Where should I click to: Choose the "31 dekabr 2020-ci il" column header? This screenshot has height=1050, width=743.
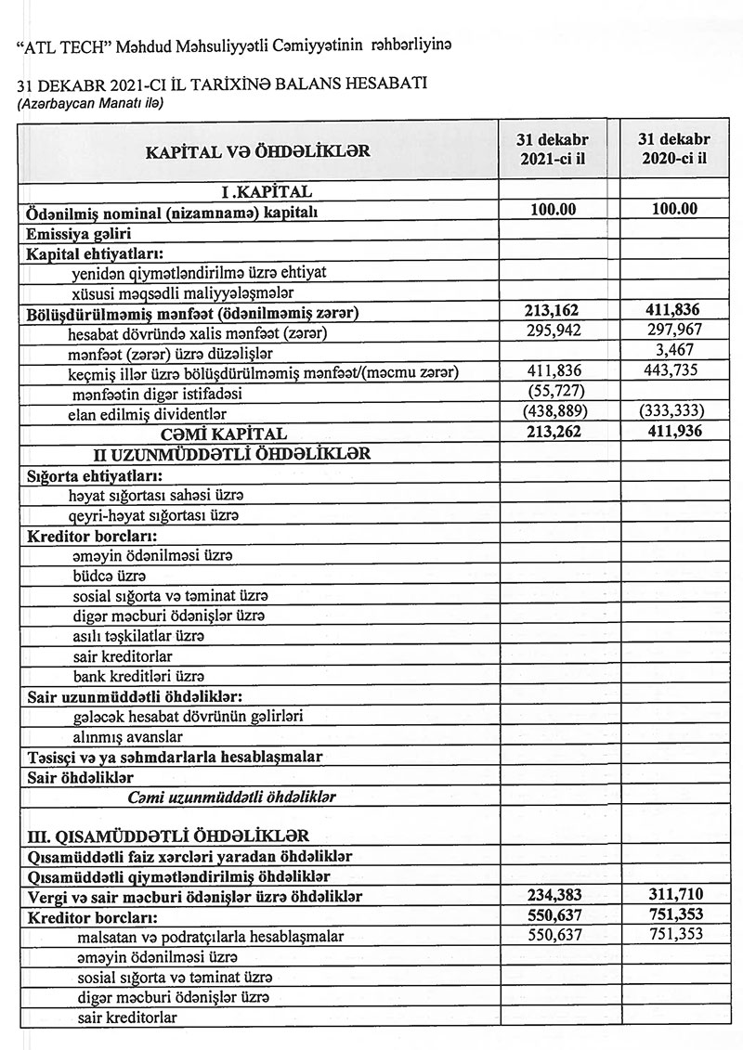[674, 148]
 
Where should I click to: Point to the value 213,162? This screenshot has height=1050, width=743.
[554, 310]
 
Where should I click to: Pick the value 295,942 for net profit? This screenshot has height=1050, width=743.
[554, 331]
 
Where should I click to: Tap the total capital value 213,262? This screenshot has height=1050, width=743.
[554, 433]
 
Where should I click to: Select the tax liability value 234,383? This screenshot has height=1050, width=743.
[554, 895]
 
